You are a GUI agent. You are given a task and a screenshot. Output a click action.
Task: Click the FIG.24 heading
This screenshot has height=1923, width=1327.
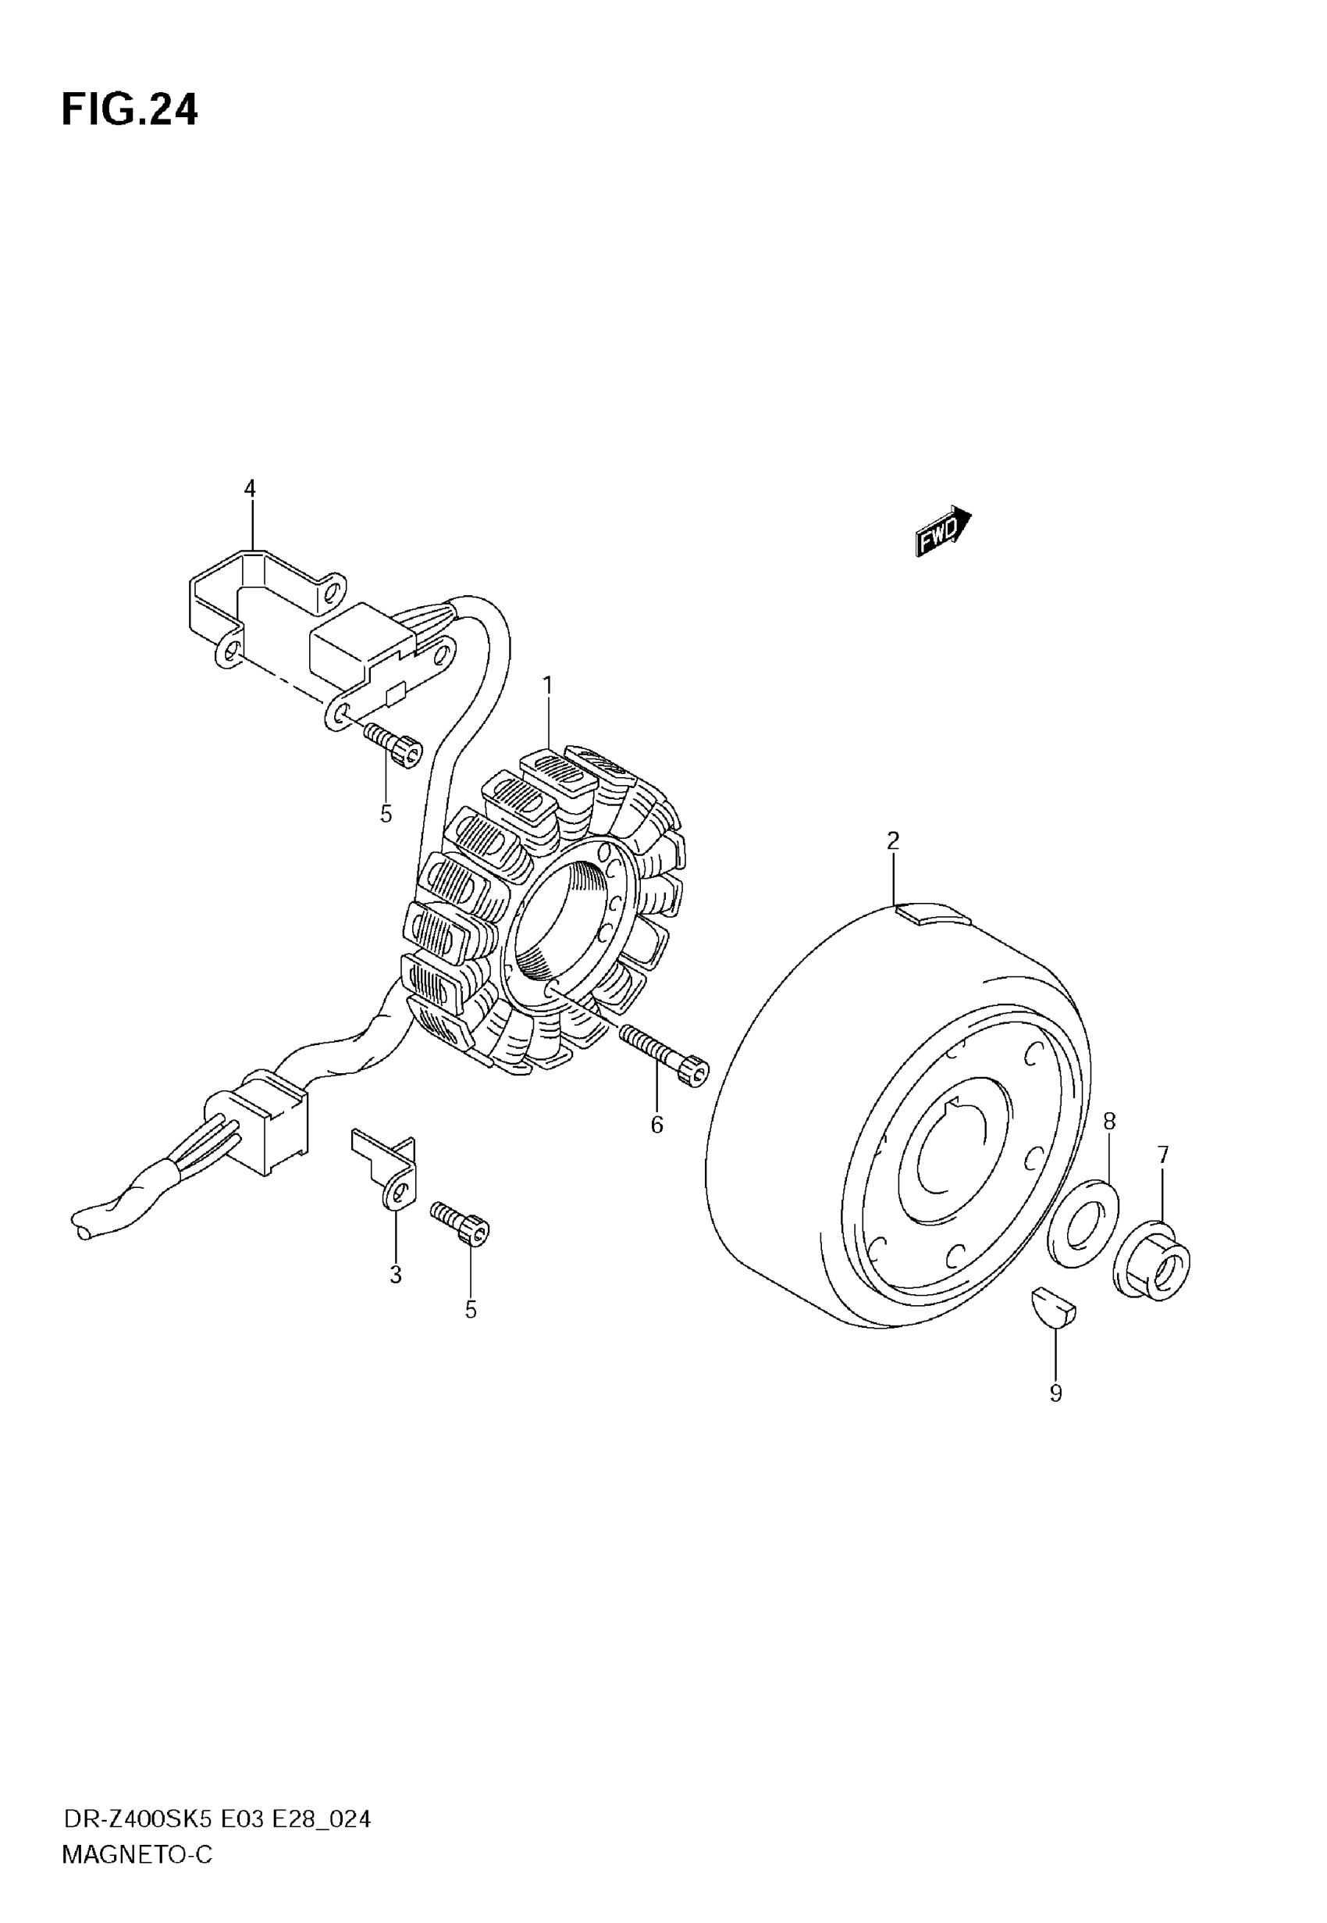click(x=130, y=110)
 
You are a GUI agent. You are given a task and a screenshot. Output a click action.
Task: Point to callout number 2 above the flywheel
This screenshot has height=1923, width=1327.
click(x=893, y=840)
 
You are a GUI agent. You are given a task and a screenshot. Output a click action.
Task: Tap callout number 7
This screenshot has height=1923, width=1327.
click(x=1162, y=1155)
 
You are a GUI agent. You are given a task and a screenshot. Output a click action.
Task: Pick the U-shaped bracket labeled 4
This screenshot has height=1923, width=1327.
click(x=250, y=599)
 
